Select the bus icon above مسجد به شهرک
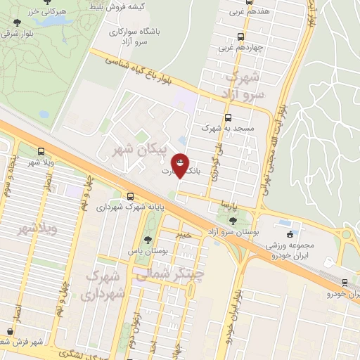coord(227,118)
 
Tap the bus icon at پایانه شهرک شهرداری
coord(130,196)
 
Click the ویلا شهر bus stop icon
coord(41,151)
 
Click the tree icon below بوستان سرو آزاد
coord(232,243)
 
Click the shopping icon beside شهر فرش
coord(9,331)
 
